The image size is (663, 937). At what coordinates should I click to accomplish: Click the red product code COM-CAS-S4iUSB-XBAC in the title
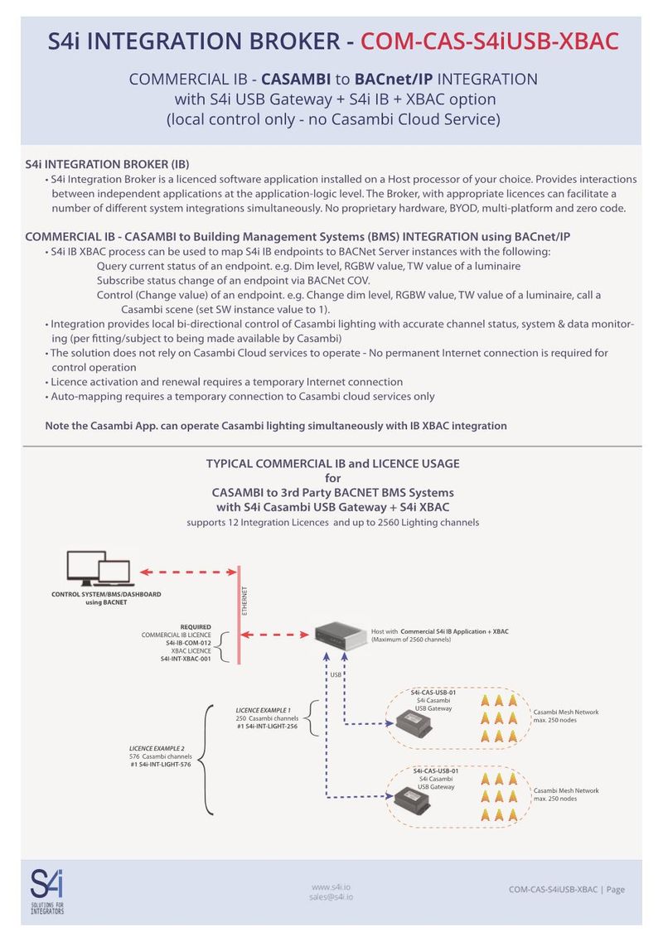pyautogui.click(x=490, y=41)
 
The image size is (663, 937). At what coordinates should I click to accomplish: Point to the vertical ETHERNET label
pyautogui.click(x=245, y=600)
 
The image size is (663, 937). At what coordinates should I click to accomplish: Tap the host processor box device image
pyautogui.click(x=345, y=636)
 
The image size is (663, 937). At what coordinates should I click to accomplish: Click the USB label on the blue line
pyautogui.click(x=336, y=675)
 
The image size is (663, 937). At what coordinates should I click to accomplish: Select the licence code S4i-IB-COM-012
pyautogui.click(x=188, y=643)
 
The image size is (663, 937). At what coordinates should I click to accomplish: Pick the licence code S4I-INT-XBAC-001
pyautogui.click(x=186, y=659)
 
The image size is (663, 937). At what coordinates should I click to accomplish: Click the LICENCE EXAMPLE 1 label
pyautogui.click(x=264, y=710)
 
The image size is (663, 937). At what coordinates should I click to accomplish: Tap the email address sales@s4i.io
pyautogui.click(x=331, y=896)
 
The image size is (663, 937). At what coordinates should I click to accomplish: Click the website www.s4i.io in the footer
pyautogui.click(x=331, y=886)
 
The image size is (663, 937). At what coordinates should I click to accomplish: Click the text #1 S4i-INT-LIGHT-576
pyautogui.click(x=161, y=765)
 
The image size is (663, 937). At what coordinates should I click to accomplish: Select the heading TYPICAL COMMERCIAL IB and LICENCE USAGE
pyautogui.click(x=332, y=463)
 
